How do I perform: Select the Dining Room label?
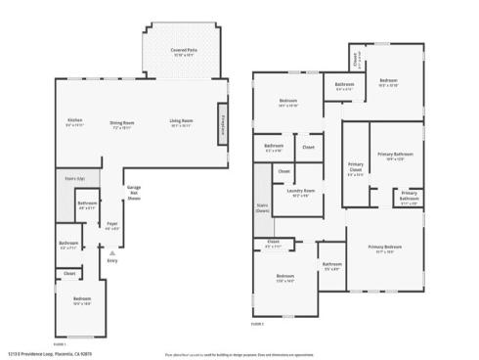coord(122,122)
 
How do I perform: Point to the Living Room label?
coord(181,122)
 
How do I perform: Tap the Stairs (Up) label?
coord(75,178)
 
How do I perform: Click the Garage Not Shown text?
coord(135,192)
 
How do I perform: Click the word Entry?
coord(112,260)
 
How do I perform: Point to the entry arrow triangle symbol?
coord(112,252)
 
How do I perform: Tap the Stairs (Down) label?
coord(262,206)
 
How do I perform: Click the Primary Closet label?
coord(355,170)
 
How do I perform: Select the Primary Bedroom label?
coord(386,247)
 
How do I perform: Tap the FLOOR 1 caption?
coord(59,343)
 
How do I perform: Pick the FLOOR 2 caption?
coord(257,323)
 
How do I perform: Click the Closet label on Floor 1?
coord(69,273)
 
